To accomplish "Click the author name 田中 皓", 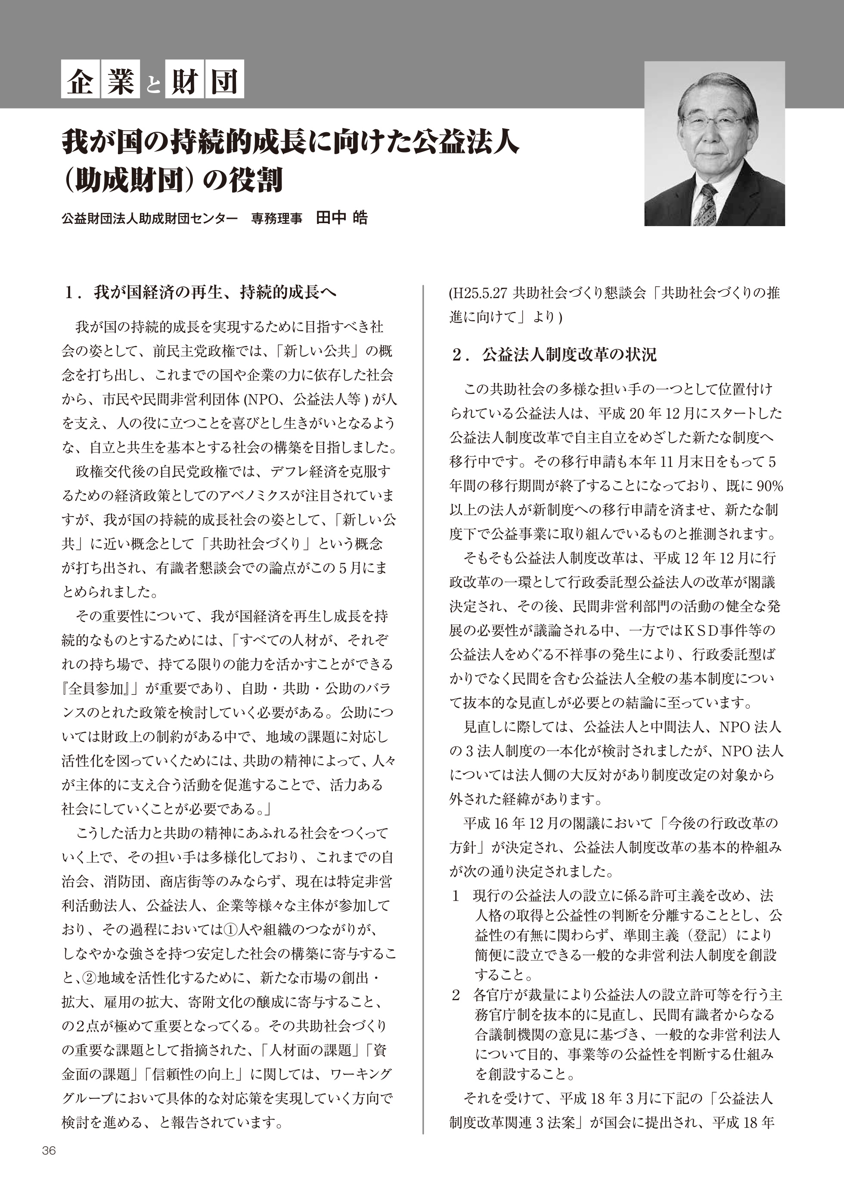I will point(341,218).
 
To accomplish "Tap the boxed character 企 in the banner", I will point(80,82).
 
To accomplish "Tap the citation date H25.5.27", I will point(479,294).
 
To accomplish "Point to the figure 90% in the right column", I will point(770,486).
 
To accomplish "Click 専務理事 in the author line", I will point(276,218).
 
